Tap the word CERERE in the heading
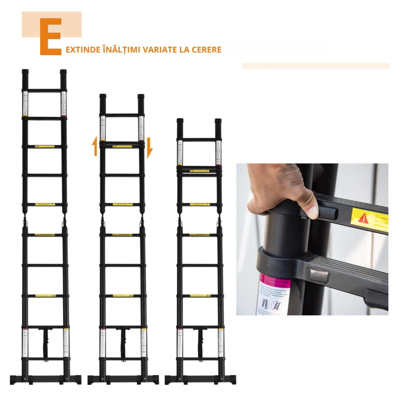tap(206, 50)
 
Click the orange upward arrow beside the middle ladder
tap(95, 146)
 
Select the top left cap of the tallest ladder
tap(26, 72)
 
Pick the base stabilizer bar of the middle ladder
tap(122, 378)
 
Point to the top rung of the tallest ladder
tap(45, 90)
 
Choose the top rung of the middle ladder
tap(122, 115)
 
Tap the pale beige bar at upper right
tap(315, 66)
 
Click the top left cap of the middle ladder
tap(103, 97)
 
